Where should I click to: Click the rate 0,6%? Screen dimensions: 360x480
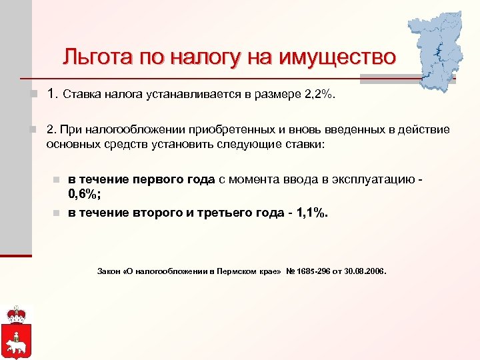[83, 194]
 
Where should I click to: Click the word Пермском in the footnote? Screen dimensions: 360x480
[226, 272]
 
